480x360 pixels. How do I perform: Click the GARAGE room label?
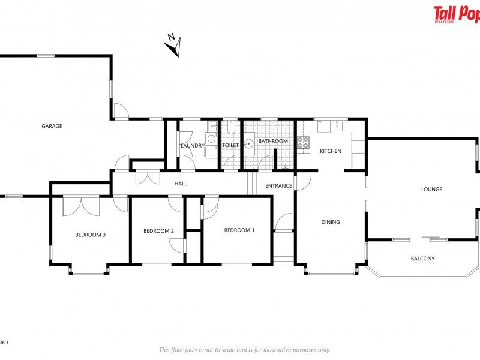(52, 126)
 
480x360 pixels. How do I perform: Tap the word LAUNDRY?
(193, 146)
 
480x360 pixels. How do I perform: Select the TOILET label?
(230, 145)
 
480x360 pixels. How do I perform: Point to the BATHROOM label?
(273, 142)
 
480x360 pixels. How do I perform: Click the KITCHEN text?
(330, 151)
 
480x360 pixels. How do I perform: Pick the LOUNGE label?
(431, 190)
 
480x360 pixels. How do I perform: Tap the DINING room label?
(330, 222)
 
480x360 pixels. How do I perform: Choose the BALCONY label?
(422, 259)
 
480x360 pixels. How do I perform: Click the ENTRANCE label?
(278, 186)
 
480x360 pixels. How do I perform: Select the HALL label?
(181, 184)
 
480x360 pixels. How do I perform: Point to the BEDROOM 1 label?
(239, 230)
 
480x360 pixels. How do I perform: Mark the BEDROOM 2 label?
(158, 231)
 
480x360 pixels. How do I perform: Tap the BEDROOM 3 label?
(90, 235)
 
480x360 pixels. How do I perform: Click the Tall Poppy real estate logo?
(456, 13)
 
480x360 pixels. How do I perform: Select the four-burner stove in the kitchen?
(304, 142)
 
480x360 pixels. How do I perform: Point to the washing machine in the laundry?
(211, 139)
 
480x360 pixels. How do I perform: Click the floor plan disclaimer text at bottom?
(244, 350)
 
